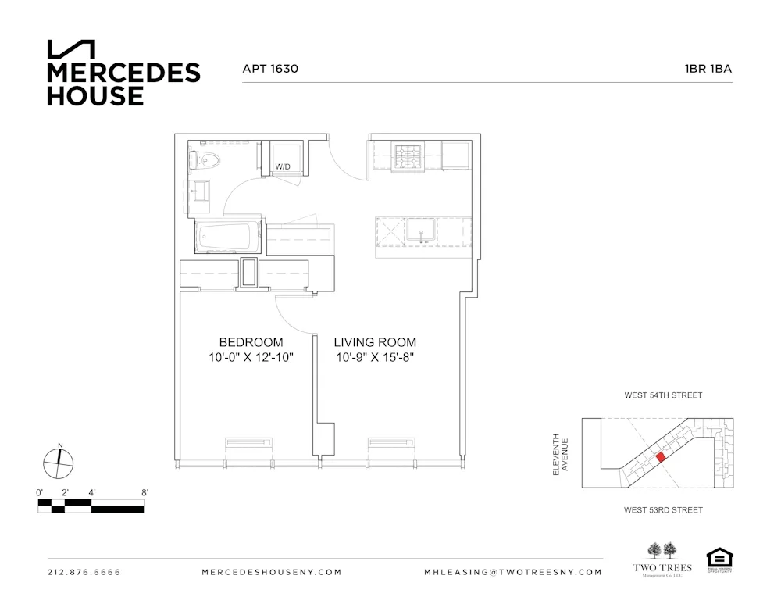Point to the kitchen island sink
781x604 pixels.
[x=422, y=231]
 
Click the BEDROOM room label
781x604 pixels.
[x=251, y=342]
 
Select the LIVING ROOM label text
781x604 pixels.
[x=375, y=342]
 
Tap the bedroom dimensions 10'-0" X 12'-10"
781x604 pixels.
[x=251, y=358]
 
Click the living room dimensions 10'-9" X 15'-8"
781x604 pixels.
[x=375, y=358]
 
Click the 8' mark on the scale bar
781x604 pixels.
[x=144, y=493]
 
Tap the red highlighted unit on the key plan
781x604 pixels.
[x=660, y=457]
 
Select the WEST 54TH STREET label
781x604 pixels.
[x=663, y=395]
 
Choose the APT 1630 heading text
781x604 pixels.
[x=270, y=69]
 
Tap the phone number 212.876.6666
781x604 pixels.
[x=84, y=572]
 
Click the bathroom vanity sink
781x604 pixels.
[x=198, y=192]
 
